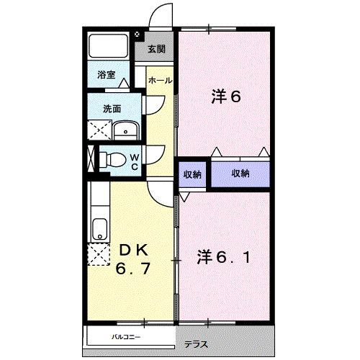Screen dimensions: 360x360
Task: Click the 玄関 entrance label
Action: click(156, 50)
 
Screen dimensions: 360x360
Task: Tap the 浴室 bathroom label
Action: click(107, 73)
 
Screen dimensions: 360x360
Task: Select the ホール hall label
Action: click(159, 81)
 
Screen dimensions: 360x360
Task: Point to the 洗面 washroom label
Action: click(111, 109)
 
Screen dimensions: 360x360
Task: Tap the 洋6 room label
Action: click(225, 96)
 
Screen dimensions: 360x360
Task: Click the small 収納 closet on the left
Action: click(192, 174)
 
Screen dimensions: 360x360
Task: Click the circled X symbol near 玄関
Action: click(138, 33)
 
